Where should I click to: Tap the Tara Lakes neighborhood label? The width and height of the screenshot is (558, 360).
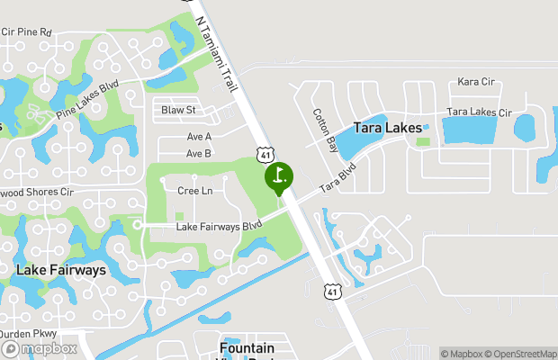pyautogui.click(x=388, y=129)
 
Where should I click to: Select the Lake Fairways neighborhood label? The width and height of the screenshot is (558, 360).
pyautogui.click(x=61, y=269)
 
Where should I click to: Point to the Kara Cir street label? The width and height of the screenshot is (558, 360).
pyautogui.click(x=476, y=82)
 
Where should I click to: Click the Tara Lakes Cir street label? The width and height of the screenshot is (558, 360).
pyautogui.click(x=479, y=113)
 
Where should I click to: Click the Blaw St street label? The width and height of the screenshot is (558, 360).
pyautogui.click(x=178, y=111)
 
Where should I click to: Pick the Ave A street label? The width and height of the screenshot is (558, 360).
pyautogui.click(x=199, y=137)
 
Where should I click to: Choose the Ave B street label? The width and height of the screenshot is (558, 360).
pyautogui.click(x=199, y=154)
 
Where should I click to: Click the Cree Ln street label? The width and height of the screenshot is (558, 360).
pyautogui.click(x=194, y=191)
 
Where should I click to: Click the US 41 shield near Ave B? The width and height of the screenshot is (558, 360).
pyautogui.click(x=265, y=155)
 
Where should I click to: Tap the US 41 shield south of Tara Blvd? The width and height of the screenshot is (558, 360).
pyautogui.click(x=334, y=292)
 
